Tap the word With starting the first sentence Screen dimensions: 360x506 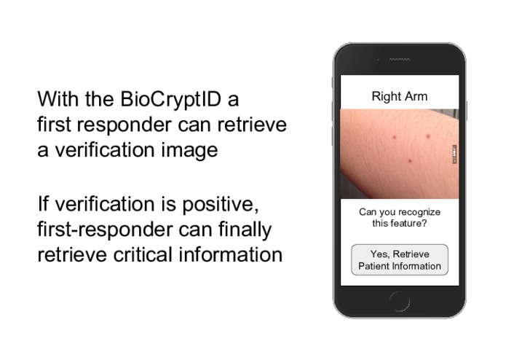pyautogui.click(x=58, y=98)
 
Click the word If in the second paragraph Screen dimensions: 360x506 pyautogui.click(x=44, y=203)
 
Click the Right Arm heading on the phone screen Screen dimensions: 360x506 pyautogui.click(x=399, y=96)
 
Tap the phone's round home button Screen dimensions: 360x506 pyautogui.click(x=399, y=300)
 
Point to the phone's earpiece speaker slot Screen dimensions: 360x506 pyautogui.click(x=399, y=59)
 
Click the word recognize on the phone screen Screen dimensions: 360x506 pyautogui.click(x=418, y=212)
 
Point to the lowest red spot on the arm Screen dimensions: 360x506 pyautogui.click(x=411, y=161)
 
